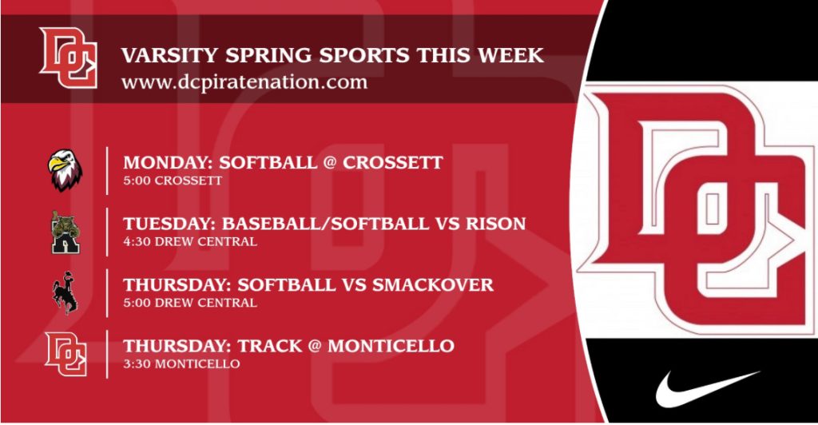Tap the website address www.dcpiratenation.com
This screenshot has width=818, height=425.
(244, 82)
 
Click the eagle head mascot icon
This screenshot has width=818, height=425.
(66, 170)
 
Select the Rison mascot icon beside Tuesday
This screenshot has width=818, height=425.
(66, 232)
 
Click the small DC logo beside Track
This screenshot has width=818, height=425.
(66, 354)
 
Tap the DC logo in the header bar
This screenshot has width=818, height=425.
(69, 58)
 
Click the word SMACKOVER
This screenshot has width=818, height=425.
(432, 284)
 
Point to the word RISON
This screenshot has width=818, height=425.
(495, 224)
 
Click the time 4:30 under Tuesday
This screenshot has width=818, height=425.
(135, 242)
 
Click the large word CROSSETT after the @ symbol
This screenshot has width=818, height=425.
(393, 163)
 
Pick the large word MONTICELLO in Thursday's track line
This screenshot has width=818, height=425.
(391, 346)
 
